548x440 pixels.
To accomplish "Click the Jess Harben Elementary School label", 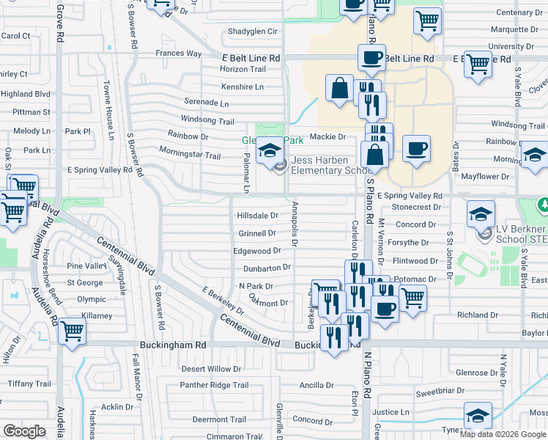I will coord(327,166).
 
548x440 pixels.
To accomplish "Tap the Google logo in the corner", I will coord(24,431).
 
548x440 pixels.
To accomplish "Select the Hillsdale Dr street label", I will coord(257,216).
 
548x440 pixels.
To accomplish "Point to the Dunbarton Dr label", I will coord(267,268).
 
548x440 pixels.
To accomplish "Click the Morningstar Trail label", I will coord(190,155).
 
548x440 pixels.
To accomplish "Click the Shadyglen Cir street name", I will coord(253,32).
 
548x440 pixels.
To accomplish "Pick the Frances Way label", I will coord(178,54).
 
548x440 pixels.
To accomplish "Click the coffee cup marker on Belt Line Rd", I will coord(371,56).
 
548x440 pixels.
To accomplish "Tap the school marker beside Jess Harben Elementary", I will coord(270,152).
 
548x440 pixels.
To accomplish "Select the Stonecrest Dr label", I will coord(416,208).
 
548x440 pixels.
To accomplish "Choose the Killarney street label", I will coord(97,316).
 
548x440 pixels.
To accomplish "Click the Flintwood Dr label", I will coord(415,261).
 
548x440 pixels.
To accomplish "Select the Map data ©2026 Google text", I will coord(503,433).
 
